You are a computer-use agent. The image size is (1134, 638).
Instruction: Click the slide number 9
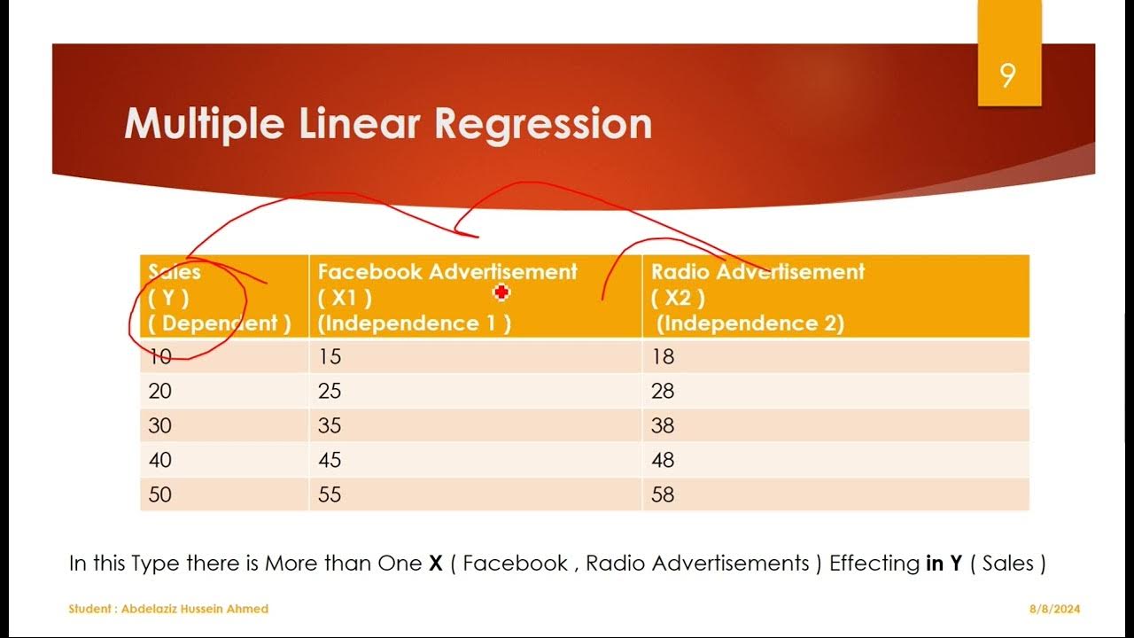click(1007, 77)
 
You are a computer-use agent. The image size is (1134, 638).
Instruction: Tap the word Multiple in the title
click(206, 124)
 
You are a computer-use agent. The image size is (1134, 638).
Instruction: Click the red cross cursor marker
click(501, 292)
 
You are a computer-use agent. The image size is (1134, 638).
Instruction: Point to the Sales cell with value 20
click(160, 391)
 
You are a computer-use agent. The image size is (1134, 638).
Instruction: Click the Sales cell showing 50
click(160, 494)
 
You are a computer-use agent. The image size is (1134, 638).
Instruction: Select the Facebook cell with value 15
click(330, 357)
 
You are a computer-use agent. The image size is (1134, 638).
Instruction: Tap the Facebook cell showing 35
click(330, 425)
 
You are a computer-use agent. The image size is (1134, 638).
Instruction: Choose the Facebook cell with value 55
click(330, 494)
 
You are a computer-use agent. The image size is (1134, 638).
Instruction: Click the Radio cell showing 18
click(663, 357)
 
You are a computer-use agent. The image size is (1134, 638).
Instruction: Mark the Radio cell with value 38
click(663, 425)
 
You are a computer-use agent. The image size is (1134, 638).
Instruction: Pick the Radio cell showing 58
click(663, 494)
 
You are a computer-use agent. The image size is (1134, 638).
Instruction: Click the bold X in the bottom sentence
click(435, 564)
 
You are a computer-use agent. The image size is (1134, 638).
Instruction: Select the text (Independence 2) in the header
click(750, 323)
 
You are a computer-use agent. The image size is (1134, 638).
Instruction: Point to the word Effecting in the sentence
click(874, 564)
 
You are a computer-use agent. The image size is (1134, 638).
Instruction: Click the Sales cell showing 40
click(160, 460)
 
